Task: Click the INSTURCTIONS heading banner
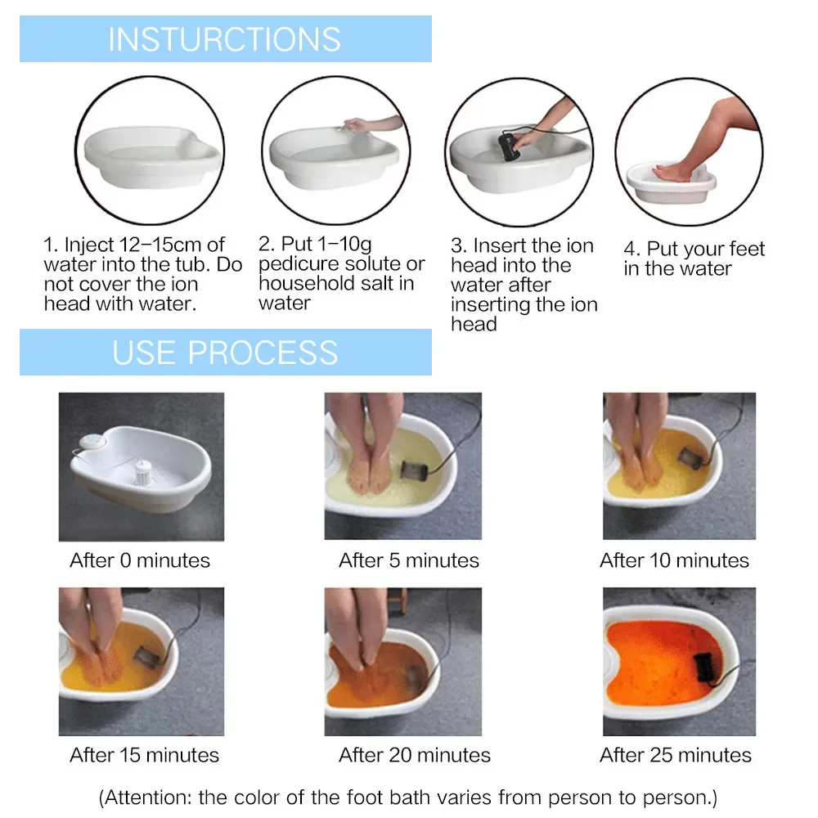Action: point(225,39)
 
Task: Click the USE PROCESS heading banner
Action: point(225,353)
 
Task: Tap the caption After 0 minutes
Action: point(140,560)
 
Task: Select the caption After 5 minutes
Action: point(409,560)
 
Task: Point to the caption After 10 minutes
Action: point(674,560)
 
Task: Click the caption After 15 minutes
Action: point(145,755)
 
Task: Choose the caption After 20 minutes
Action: point(415,755)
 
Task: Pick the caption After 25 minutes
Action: point(676,755)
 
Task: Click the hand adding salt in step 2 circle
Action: point(360,125)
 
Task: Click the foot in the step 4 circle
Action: point(674,172)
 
